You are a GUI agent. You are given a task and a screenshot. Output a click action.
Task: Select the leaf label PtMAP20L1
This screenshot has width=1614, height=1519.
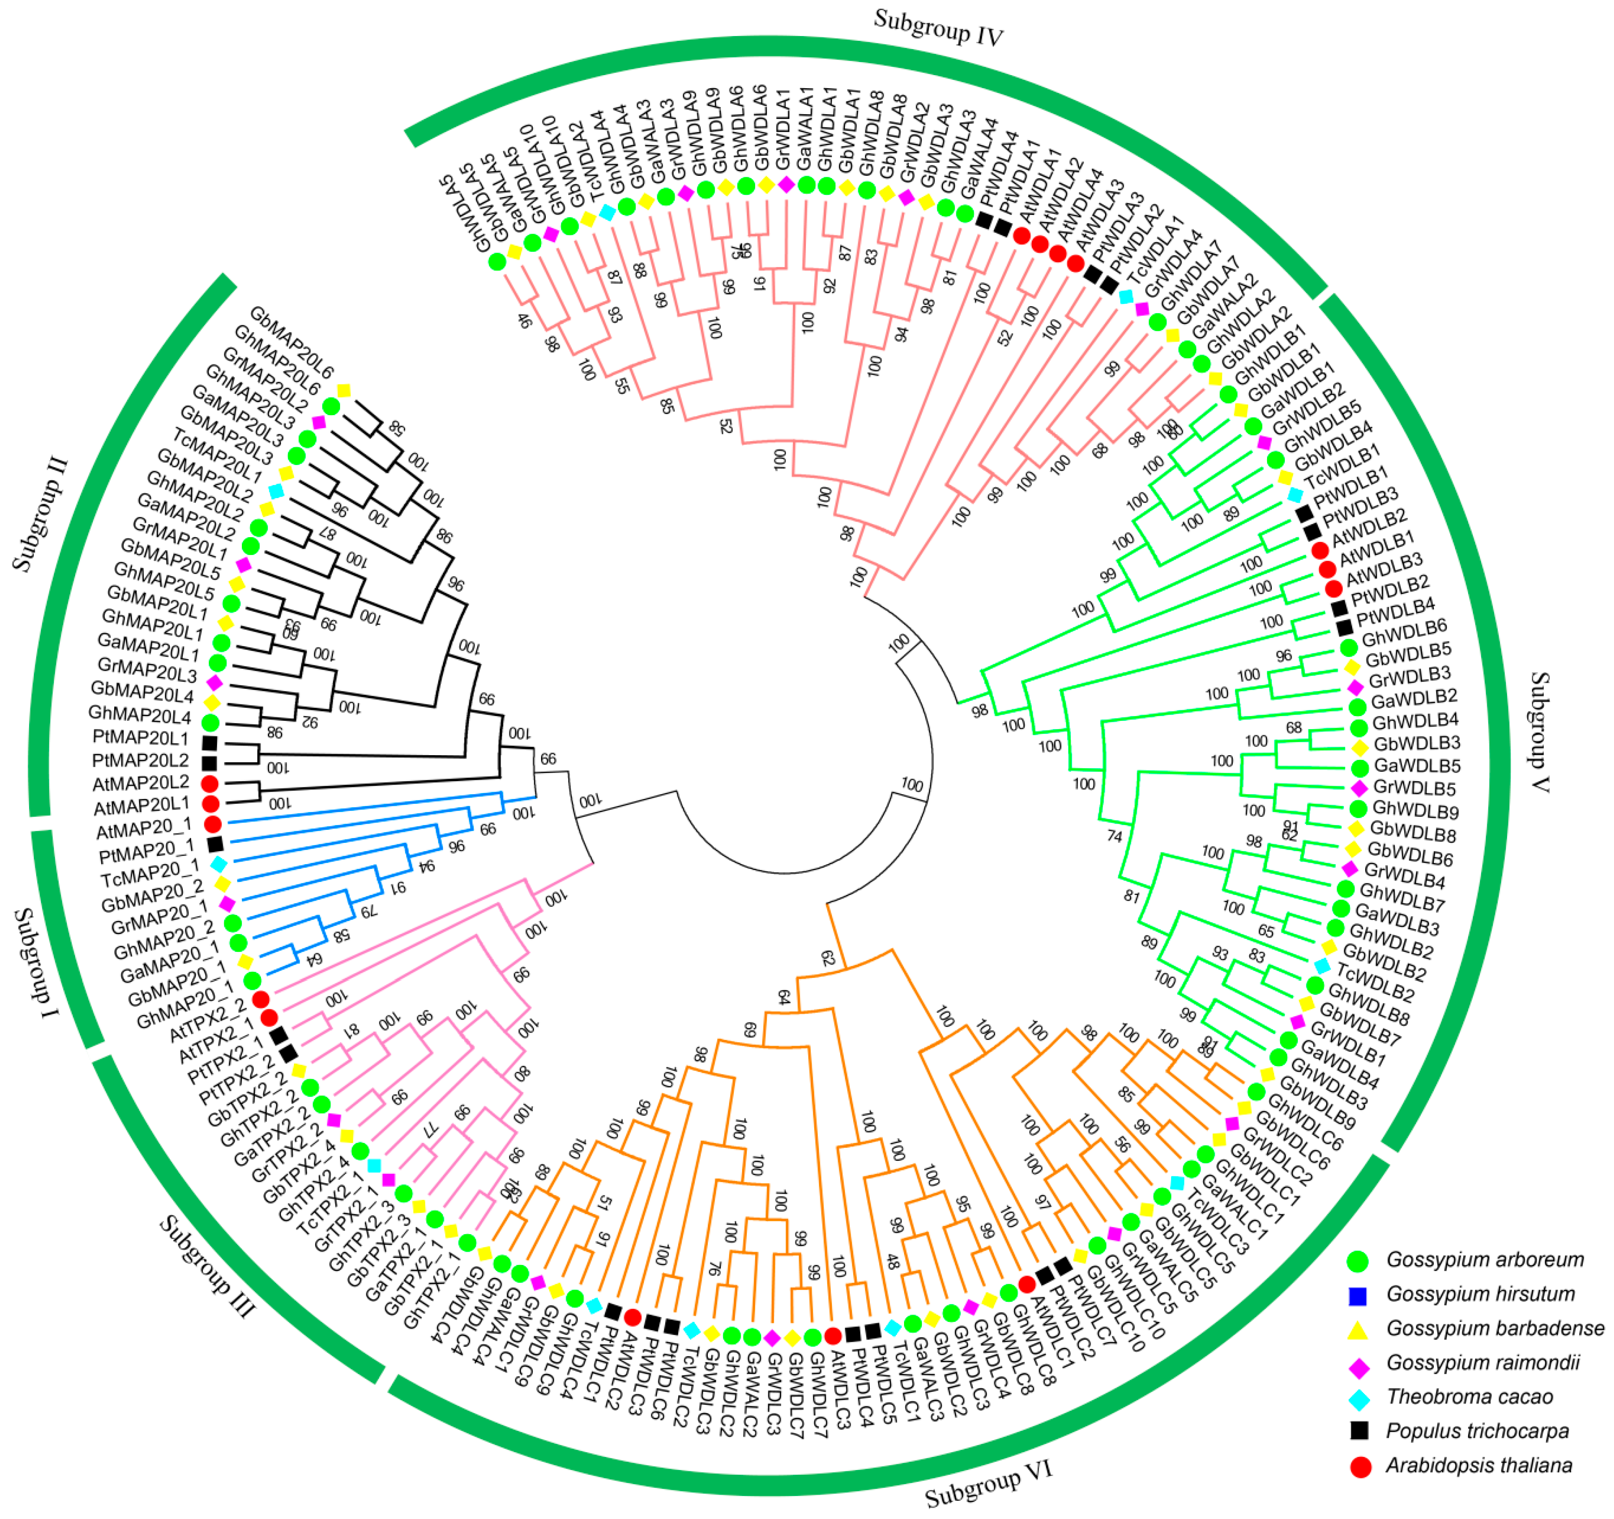point(140,738)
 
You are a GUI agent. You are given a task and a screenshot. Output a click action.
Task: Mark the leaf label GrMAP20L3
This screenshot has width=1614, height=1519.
point(147,670)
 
